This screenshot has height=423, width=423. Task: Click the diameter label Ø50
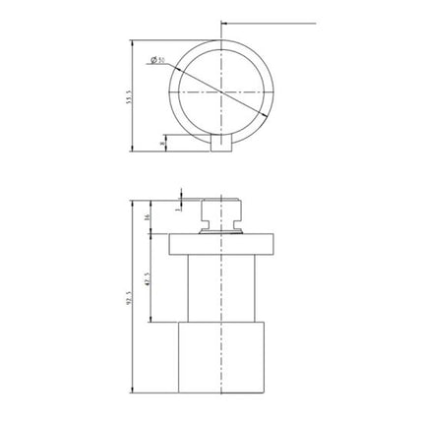(158, 61)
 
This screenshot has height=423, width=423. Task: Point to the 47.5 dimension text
(149, 279)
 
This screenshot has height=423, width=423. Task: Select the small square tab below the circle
(222, 145)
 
